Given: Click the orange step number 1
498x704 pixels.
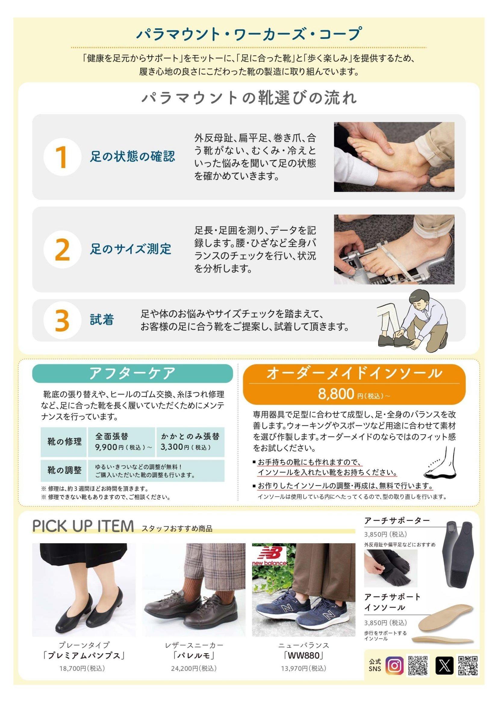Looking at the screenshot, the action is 62,157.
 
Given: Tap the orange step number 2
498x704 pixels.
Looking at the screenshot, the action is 63,250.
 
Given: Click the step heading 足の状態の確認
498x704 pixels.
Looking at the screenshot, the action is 132,157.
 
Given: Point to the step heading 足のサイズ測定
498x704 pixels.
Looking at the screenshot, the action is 131,249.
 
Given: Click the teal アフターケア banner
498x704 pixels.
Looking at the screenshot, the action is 132,373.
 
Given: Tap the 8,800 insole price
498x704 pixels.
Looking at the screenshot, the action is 336,394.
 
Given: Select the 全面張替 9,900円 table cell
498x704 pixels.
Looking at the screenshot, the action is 121,442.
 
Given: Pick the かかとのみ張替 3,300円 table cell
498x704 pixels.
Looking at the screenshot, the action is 190,442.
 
